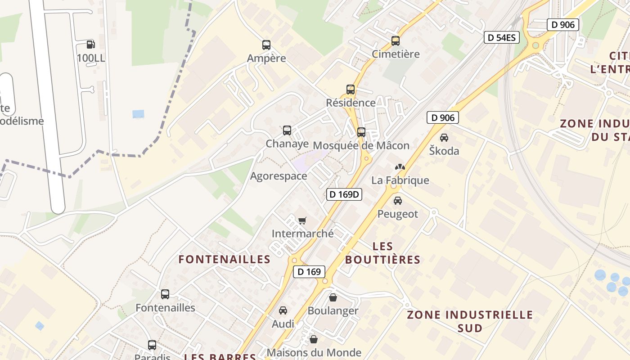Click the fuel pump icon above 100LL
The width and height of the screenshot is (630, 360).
(x=90, y=44)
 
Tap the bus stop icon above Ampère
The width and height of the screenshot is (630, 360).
(x=266, y=45)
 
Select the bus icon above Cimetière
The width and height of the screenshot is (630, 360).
(x=396, y=41)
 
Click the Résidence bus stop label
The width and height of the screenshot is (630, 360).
(x=351, y=103)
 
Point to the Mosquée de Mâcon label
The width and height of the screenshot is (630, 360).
(x=361, y=145)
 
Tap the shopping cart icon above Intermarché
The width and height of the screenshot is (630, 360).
(x=302, y=220)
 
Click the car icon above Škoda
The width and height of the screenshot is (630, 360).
(x=444, y=138)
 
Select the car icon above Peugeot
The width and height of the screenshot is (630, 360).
(x=398, y=201)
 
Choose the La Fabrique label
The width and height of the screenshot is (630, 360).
(x=400, y=180)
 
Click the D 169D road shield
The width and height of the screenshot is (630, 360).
(x=344, y=194)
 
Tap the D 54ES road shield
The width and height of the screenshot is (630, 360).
(x=502, y=37)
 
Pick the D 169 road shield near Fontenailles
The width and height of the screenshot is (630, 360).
(x=309, y=271)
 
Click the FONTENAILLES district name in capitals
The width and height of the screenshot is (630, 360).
(x=225, y=259)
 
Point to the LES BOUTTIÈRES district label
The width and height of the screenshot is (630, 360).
(x=383, y=253)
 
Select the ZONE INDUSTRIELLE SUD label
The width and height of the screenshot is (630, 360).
(x=470, y=321)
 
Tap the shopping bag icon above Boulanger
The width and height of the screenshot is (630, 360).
(x=333, y=297)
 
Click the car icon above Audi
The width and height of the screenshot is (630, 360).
(x=283, y=310)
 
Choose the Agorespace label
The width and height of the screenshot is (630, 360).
(x=279, y=176)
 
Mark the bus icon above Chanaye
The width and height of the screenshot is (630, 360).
(x=287, y=130)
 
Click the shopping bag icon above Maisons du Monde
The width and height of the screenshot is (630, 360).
(x=314, y=339)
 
